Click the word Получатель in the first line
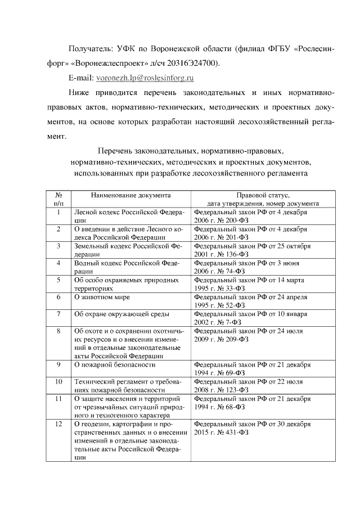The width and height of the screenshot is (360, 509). [x=90, y=48]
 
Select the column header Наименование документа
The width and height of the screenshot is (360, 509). [x=130, y=195]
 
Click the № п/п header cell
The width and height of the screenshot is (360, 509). [x=58, y=199]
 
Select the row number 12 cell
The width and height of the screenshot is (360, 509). [x=58, y=424]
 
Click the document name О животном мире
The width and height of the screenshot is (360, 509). [x=102, y=296]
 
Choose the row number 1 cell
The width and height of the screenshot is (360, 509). [x=58, y=213]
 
